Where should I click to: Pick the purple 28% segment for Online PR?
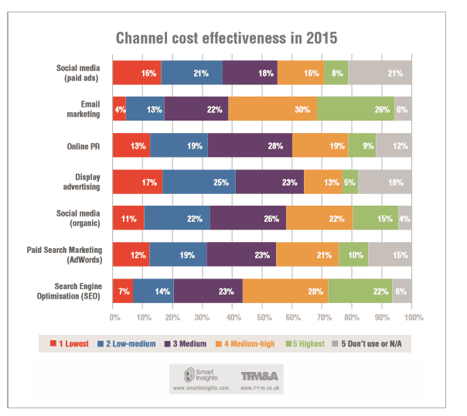250,145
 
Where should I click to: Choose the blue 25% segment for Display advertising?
199,182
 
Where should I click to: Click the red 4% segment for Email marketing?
119,108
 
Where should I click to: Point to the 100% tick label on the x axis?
412,318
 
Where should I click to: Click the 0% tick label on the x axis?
114,318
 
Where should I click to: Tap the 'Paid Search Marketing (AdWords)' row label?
72,254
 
